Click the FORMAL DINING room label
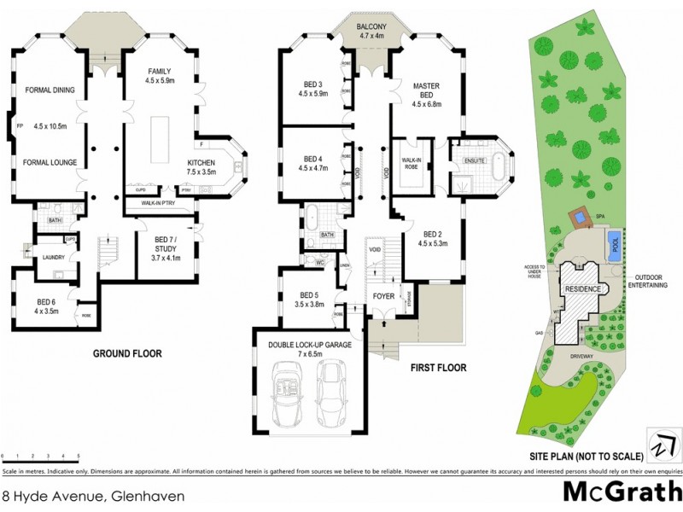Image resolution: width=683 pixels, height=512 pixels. (50, 90)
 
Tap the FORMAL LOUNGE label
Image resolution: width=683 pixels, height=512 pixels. (50, 162)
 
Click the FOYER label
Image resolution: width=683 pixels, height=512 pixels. (382, 296)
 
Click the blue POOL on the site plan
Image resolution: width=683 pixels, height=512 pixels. (613, 245)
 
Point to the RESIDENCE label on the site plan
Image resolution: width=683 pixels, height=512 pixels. (585, 288)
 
